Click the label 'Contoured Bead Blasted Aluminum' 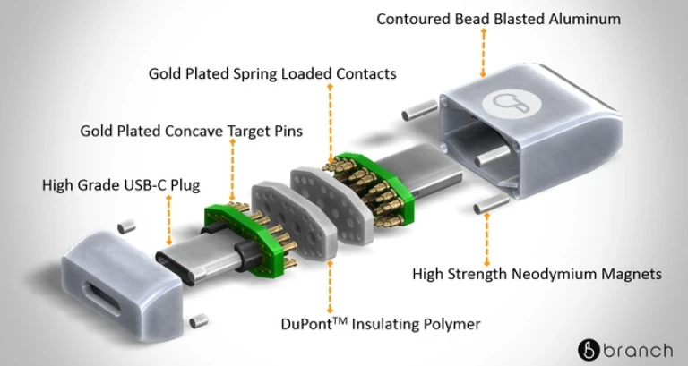tap(498, 18)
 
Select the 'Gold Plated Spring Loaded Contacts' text tap(272, 72)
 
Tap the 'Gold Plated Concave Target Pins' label tap(191, 131)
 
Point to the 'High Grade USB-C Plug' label tap(121, 185)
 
